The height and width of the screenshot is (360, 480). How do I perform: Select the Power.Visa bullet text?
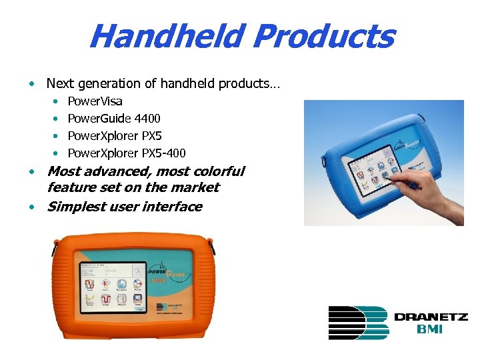pos(95,101)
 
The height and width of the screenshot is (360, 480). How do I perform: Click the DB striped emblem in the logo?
pos(357,322)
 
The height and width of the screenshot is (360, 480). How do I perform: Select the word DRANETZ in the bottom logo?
pos(430,317)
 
